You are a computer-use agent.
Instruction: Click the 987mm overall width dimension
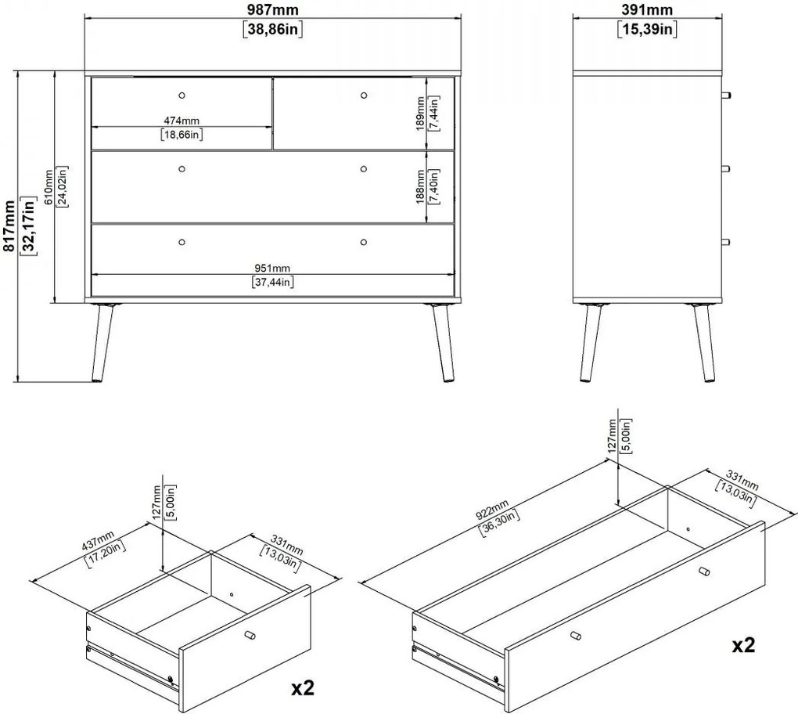pos(273,9)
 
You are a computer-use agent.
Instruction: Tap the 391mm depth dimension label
pos(647,9)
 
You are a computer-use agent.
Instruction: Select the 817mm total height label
pos(9,225)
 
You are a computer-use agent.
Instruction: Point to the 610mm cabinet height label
pos(49,187)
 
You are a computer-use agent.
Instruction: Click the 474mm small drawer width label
pos(182,121)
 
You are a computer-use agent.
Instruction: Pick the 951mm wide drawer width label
pos(272,268)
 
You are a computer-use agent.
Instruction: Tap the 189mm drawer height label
pos(420,114)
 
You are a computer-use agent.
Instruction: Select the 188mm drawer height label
pos(420,187)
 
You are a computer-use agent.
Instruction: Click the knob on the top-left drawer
pos(182,96)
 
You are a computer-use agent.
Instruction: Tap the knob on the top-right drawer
pos(363,96)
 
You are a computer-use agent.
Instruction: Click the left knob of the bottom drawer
pos(182,242)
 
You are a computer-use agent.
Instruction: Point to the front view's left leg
pos(103,343)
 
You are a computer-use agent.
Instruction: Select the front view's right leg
pos(442,343)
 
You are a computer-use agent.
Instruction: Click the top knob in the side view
pos(726,96)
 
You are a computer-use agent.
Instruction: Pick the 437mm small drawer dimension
pos(99,541)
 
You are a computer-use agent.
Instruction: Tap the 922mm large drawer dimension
pos(492,510)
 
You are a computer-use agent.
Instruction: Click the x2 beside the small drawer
pos(303,688)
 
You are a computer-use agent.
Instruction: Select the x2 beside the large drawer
pos(743,645)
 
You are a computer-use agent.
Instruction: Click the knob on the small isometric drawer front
pos(250,636)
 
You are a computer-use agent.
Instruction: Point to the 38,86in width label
pos(273,29)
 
